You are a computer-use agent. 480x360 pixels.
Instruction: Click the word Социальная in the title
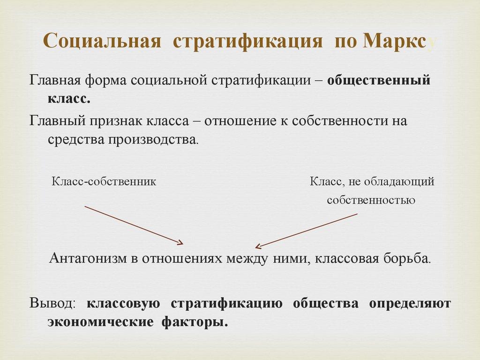102,41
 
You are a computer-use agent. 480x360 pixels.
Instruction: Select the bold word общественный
379,80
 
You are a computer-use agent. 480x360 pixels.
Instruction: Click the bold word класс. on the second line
68,98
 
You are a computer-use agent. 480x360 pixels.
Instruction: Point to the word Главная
55,80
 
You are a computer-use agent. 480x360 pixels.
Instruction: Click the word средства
76,140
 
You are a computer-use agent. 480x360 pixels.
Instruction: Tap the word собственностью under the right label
371,200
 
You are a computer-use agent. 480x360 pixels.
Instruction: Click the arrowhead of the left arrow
180,242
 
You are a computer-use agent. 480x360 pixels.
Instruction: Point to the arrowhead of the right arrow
257,246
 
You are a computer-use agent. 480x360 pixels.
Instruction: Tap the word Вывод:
52,303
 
